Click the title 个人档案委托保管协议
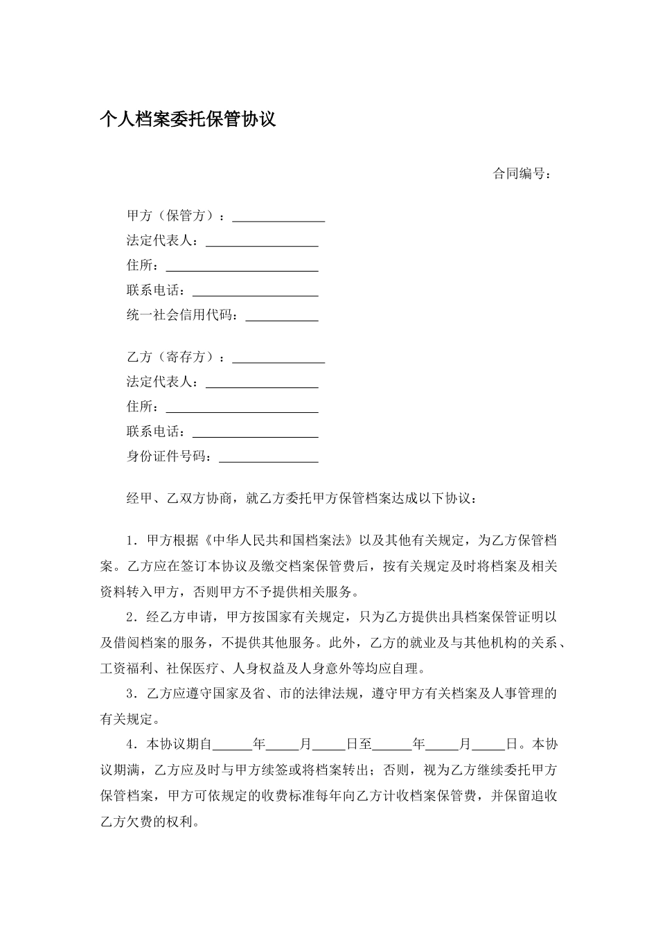(x=188, y=119)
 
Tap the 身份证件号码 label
(x=170, y=456)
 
